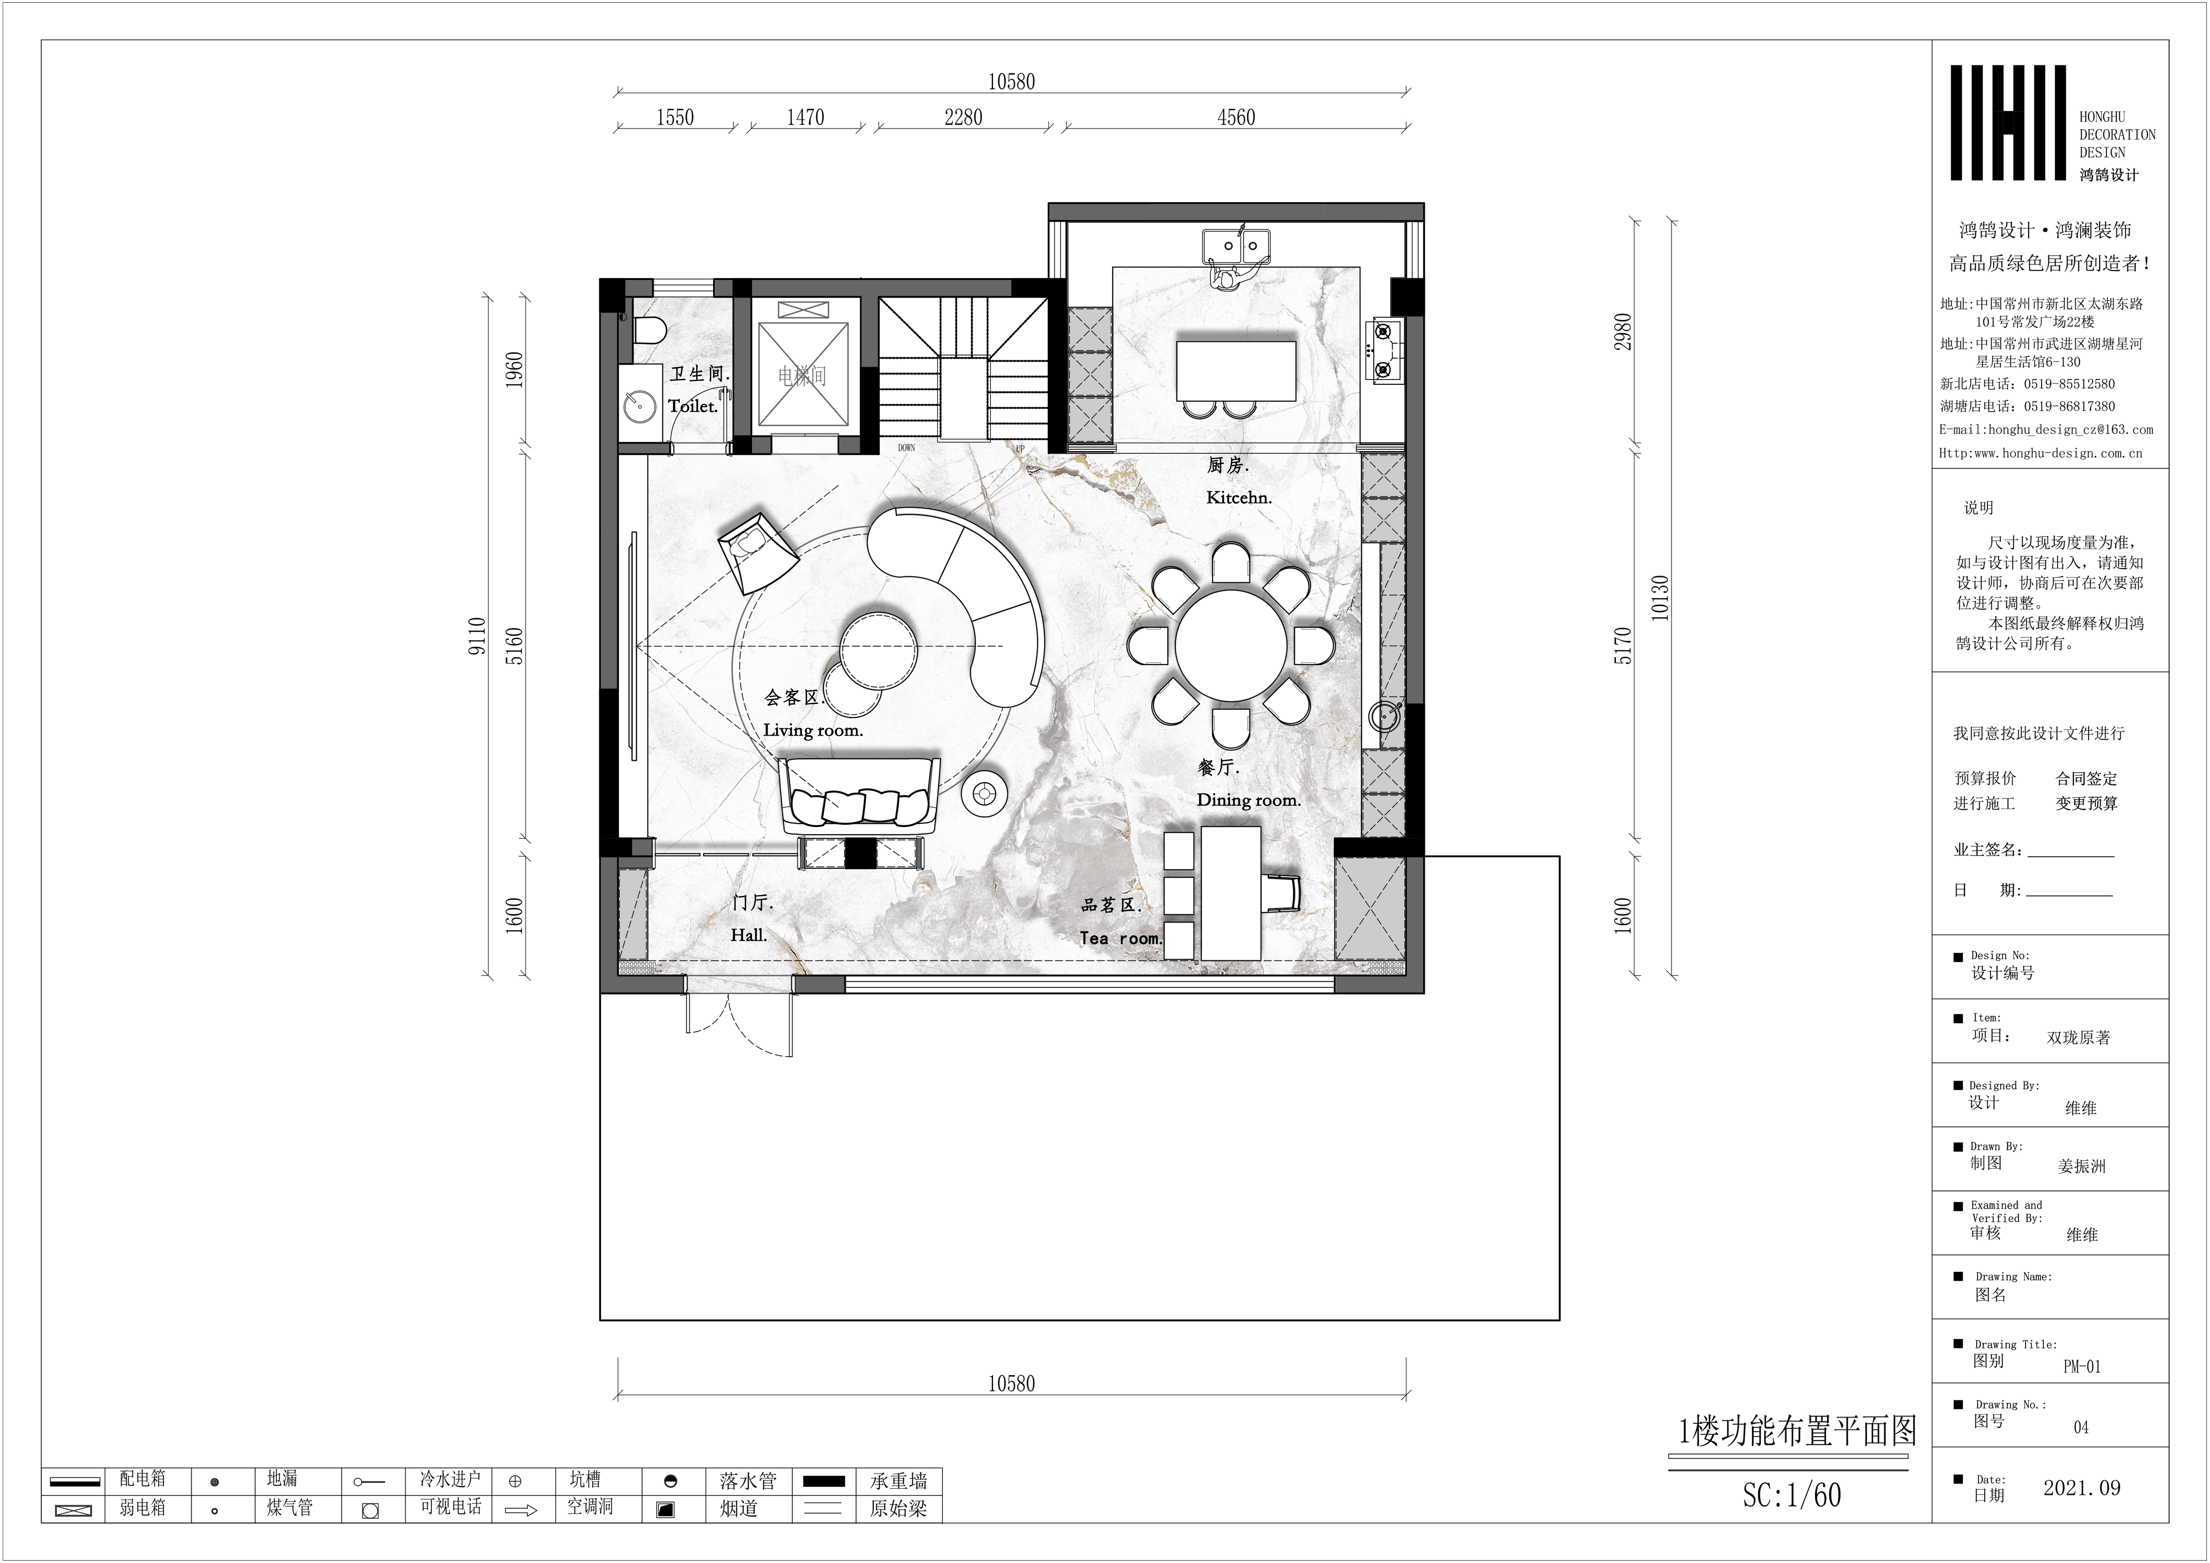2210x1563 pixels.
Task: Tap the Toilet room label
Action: (693, 406)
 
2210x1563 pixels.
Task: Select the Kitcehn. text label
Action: (1239, 498)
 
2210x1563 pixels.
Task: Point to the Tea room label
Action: (1120, 938)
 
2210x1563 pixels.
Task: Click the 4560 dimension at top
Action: (1236, 117)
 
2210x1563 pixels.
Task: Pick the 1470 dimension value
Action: (806, 117)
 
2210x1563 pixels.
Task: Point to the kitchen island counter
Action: (1236, 370)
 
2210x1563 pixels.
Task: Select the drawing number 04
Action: (2081, 1427)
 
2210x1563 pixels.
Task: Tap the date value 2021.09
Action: (2082, 1488)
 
